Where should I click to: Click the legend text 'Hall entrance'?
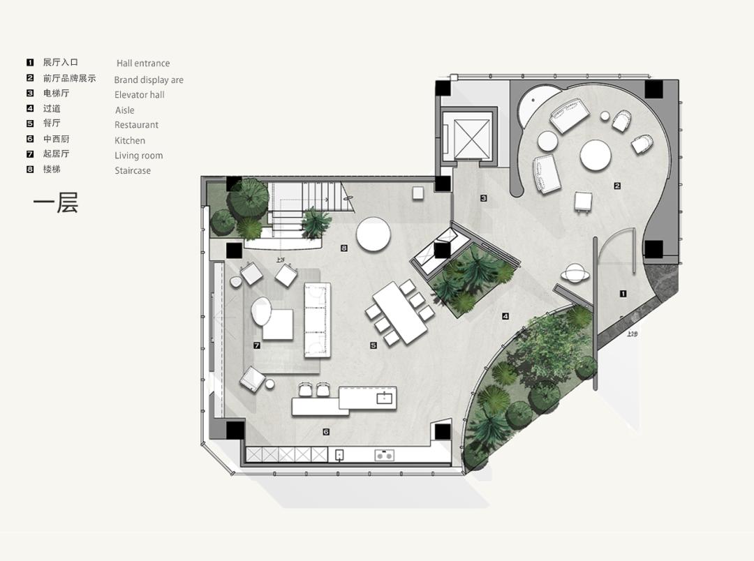[143, 63]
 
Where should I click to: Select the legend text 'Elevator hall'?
[140, 95]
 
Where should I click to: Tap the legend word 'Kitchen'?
[130, 140]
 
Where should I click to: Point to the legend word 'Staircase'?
[133, 170]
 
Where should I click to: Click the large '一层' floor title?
[56, 202]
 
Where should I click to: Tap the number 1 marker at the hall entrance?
[623, 294]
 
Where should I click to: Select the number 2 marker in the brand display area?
[617, 186]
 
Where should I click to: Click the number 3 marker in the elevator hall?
[483, 198]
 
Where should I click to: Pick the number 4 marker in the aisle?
[505, 316]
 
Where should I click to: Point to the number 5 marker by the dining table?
[374, 345]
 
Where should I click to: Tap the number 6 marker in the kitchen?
[326, 432]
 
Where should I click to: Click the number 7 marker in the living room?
[257, 345]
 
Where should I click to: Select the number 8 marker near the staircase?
[344, 248]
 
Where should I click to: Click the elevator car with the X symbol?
[472, 136]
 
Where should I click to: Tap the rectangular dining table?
[400, 312]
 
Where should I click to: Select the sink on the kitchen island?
[384, 398]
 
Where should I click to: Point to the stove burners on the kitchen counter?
[383, 456]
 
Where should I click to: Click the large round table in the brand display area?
[596, 156]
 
